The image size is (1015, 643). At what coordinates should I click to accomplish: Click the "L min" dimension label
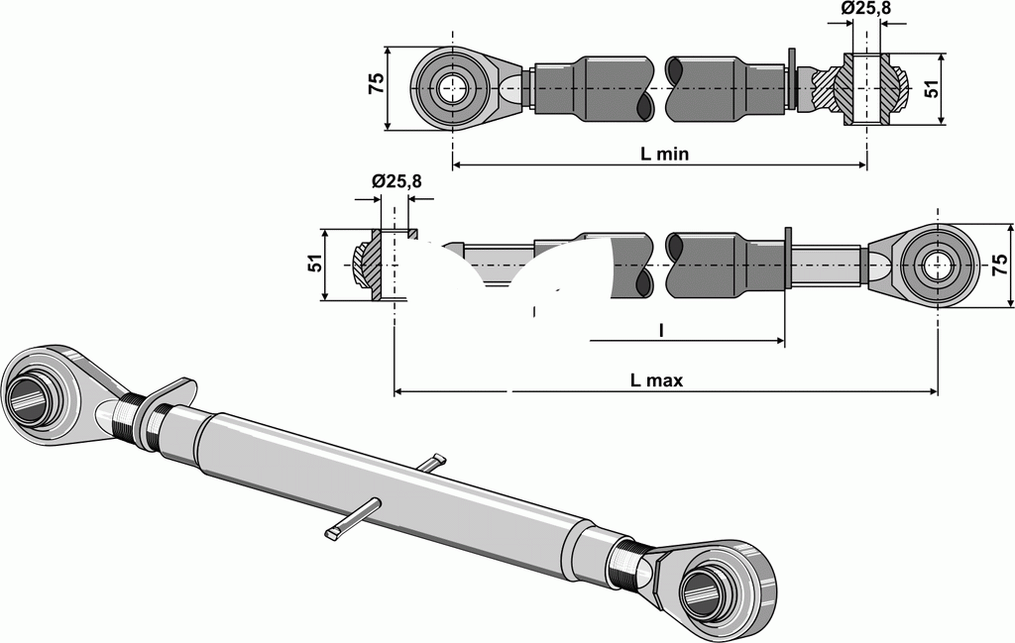664,154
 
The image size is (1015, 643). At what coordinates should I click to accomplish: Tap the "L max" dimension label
657,379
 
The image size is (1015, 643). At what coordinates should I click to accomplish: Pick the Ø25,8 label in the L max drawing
396,181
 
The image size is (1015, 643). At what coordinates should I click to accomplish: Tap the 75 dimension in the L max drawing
998,264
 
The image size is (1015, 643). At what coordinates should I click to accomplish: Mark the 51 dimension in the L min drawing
930,88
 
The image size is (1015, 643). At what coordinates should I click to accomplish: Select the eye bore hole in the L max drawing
937,265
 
